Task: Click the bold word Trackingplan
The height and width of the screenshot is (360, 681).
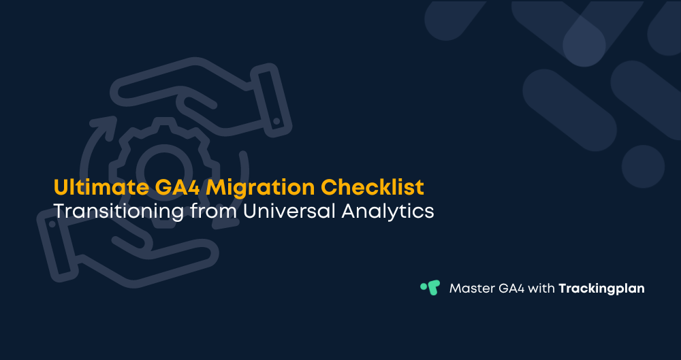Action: coord(601,289)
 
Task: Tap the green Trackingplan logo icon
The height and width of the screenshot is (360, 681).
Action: coord(430,288)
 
